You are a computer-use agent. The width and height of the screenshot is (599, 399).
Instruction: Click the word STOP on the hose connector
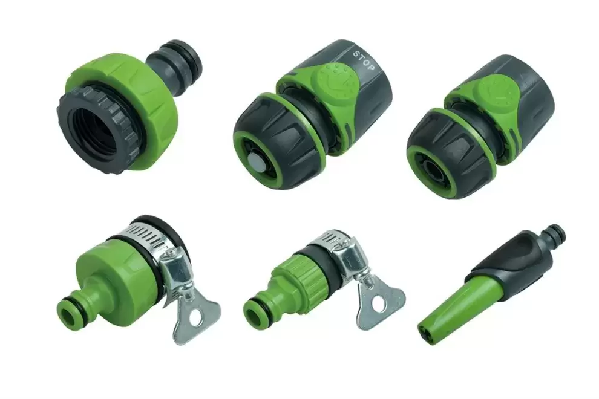point(362,60)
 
